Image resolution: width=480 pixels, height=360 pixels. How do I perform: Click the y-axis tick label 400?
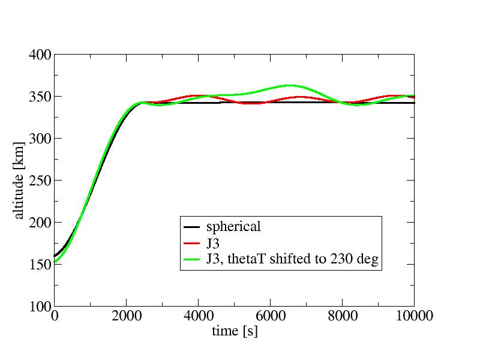coord(39,55)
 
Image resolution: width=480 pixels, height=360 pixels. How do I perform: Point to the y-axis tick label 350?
coord(39,97)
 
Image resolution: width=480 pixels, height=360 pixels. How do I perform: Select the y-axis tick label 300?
coord(39,139)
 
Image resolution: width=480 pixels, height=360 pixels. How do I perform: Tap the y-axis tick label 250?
coord(39,181)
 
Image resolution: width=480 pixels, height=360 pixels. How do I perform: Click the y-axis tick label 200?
coord(39,223)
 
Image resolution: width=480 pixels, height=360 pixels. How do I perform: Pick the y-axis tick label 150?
coord(39,265)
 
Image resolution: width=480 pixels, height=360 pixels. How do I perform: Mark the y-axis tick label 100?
coord(39,307)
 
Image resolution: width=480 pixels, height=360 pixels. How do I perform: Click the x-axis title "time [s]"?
coord(234,331)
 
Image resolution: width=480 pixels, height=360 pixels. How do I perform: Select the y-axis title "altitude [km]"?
coord(19,181)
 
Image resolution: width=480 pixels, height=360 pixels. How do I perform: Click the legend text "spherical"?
coord(233,227)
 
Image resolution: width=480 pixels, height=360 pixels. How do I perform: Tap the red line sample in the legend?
coord(192,243)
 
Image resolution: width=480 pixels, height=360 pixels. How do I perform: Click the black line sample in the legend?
coord(192,227)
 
